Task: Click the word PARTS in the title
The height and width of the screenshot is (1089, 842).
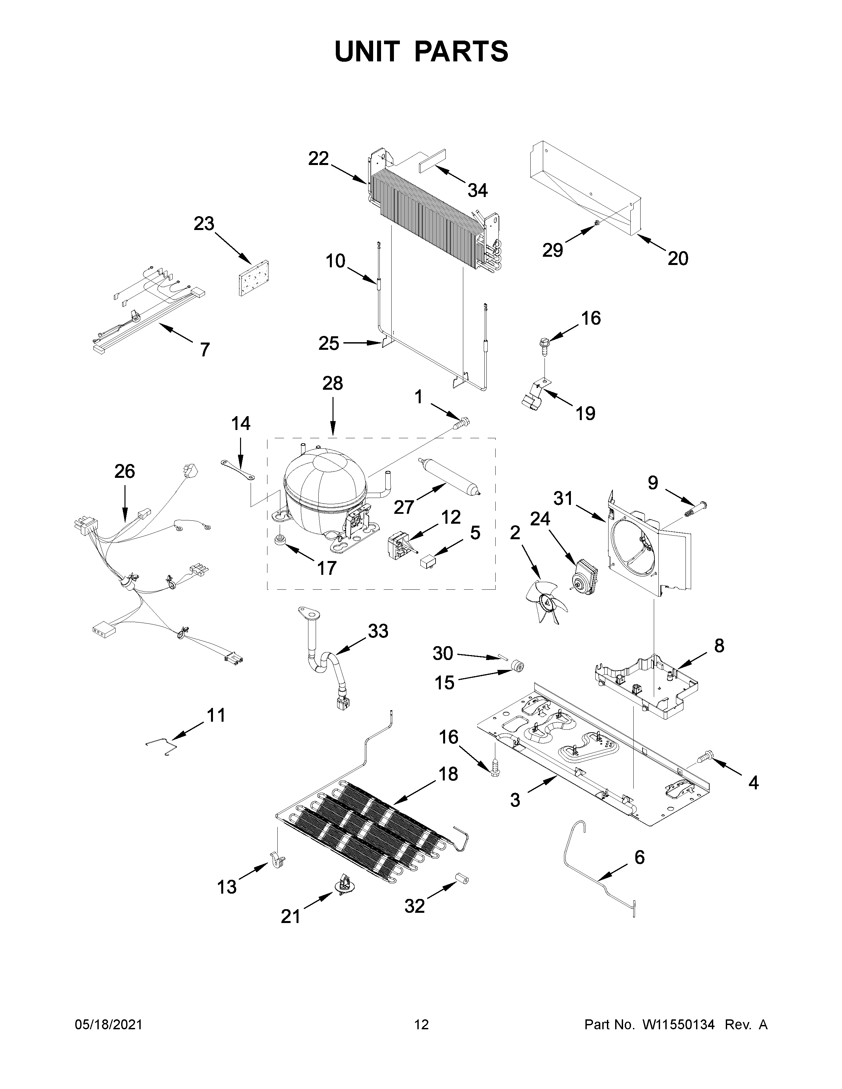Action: tap(461, 51)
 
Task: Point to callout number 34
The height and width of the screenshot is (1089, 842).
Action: tap(477, 190)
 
